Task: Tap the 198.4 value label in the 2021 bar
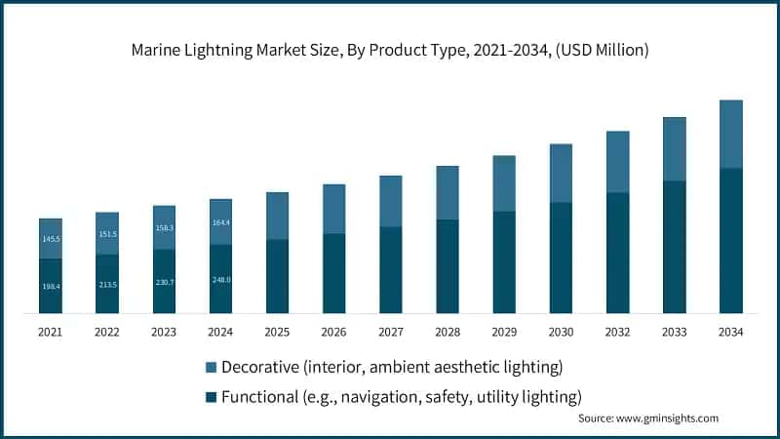point(50,286)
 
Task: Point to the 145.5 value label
point(50,239)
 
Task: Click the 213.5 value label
point(106,284)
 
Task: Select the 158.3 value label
point(164,228)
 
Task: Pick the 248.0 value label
point(220,280)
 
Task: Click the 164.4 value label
point(220,222)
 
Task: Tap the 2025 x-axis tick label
point(277,332)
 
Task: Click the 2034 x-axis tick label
point(731,332)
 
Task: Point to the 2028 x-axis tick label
point(448,332)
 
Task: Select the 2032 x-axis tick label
point(617,332)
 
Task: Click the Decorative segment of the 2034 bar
point(731,134)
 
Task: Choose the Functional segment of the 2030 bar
point(561,258)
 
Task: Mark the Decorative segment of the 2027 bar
point(391,201)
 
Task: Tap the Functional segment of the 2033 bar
point(675,247)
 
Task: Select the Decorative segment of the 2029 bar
point(504,183)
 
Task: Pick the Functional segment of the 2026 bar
point(333,273)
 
